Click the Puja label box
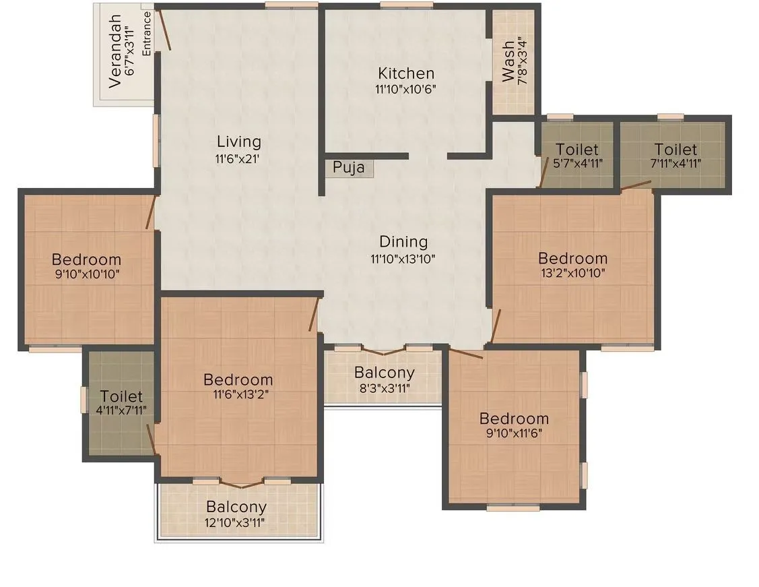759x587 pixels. pyautogui.click(x=349, y=168)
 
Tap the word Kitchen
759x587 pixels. pyautogui.click(x=405, y=73)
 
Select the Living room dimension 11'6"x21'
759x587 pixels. pyautogui.click(x=238, y=159)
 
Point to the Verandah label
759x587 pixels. pyautogui.click(x=116, y=51)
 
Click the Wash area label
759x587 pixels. pyautogui.click(x=509, y=61)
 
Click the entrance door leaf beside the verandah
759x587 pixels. pyautogui.click(x=165, y=30)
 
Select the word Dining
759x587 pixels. pyautogui.click(x=403, y=242)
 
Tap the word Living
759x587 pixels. pyautogui.click(x=238, y=142)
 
